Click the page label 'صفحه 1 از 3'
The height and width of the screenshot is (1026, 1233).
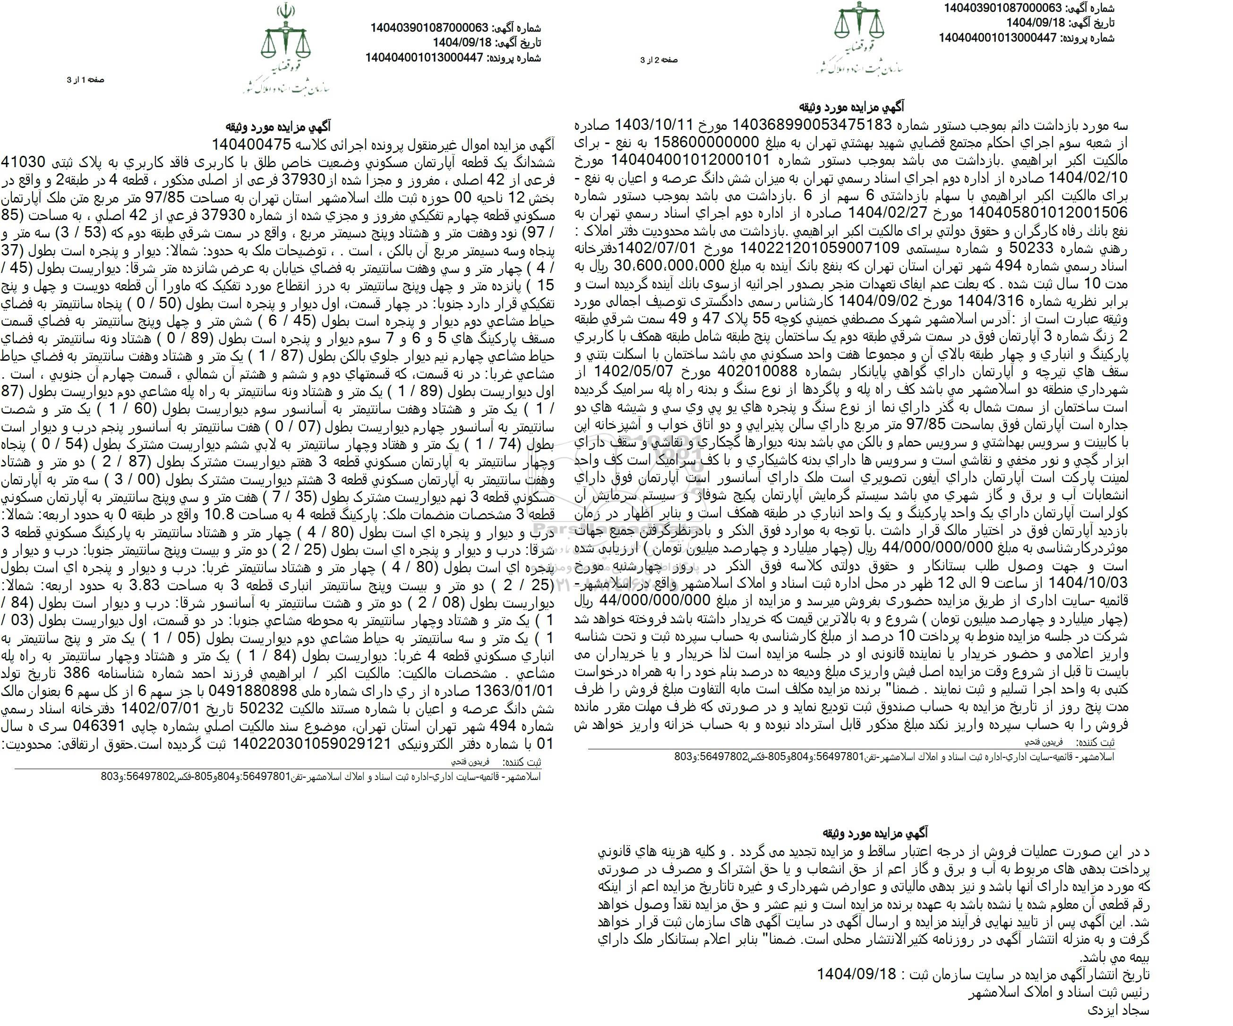pos(86,80)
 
